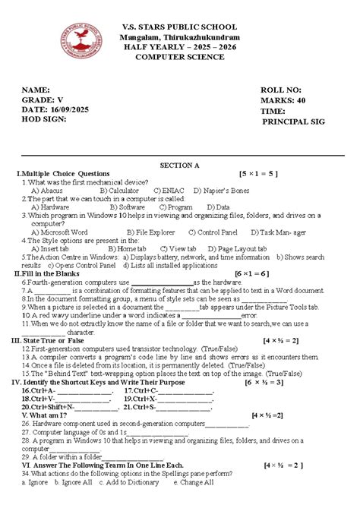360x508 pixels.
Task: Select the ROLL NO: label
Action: tap(281, 90)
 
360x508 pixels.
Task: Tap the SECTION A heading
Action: tap(179, 165)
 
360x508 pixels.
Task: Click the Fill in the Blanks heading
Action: tap(53, 273)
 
